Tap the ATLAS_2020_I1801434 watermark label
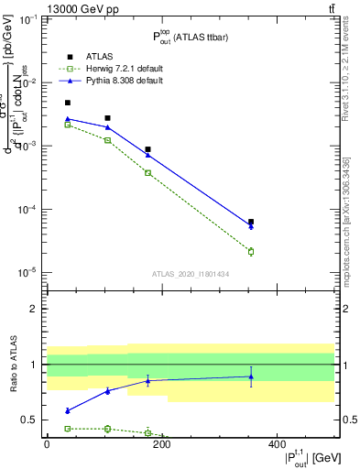pos(191,273)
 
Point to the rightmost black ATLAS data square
pos(251,222)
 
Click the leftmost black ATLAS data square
pos(68,103)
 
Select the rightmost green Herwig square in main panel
pos(251,251)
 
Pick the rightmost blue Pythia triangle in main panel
pos(251,226)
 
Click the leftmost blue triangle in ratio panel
pos(68,410)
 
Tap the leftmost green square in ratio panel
pos(68,429)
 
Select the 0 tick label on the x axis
pos(47,444)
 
